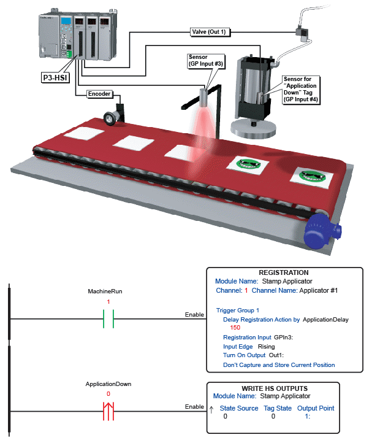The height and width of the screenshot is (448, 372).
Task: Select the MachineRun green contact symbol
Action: [108, 319]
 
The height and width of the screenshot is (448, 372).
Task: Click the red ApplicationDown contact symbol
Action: [108, 411]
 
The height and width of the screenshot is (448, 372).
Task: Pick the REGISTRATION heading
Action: [283, 272]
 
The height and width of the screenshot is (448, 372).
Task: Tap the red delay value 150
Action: [235, 328]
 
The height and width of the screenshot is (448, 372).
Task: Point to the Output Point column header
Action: [316, 408]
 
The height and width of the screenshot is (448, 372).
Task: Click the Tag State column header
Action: [277, 408]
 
